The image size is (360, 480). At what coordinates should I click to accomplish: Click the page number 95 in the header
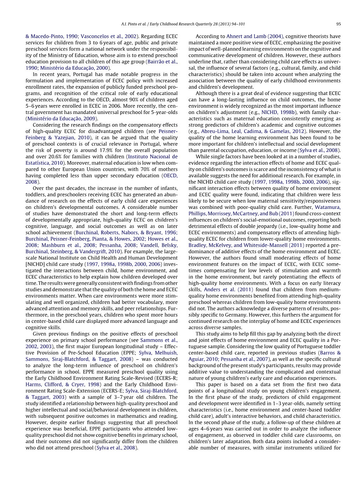click(338, 24)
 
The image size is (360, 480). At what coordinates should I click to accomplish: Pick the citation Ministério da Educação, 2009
click(62, 119)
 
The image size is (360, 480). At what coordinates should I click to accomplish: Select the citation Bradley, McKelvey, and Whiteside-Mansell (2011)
click(246, 245)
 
